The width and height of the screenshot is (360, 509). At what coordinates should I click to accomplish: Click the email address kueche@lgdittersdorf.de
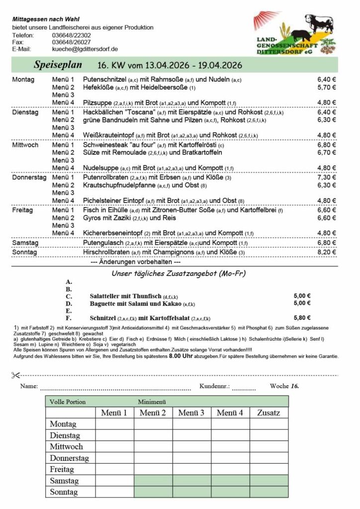pyautogui.click(x=85, y=49)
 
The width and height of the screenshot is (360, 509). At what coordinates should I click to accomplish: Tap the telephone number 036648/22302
pyautogui.click(x=71, y=35)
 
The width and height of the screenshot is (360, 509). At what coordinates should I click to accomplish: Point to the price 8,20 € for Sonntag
pyautogui.click(x=327, y=253)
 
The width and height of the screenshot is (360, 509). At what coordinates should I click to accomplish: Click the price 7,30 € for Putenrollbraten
pyautogui.click(x=327, y=177)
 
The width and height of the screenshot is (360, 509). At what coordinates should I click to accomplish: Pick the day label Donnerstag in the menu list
pyautogui.click(x=28, y=177)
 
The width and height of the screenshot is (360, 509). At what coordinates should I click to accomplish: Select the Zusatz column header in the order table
pyautogui.click(x=269, y=413)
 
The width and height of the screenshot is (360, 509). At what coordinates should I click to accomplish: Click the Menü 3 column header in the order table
pyautogui.click(x=191, y=413)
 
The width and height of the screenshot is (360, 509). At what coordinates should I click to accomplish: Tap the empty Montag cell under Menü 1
pyautogui.click(x=114, y=424)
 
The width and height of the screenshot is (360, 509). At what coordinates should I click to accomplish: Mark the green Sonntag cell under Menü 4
pyautogui.click(x=230, y=492)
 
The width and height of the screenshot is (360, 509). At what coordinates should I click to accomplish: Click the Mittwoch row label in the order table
pyautogui.click(x=66, y=446)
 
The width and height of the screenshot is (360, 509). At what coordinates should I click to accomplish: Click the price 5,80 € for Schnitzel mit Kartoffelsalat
pyautogui.click(x=302, y=318)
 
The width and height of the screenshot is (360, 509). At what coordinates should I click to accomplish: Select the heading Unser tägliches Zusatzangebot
pyautogui.click(x=179, y=273)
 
